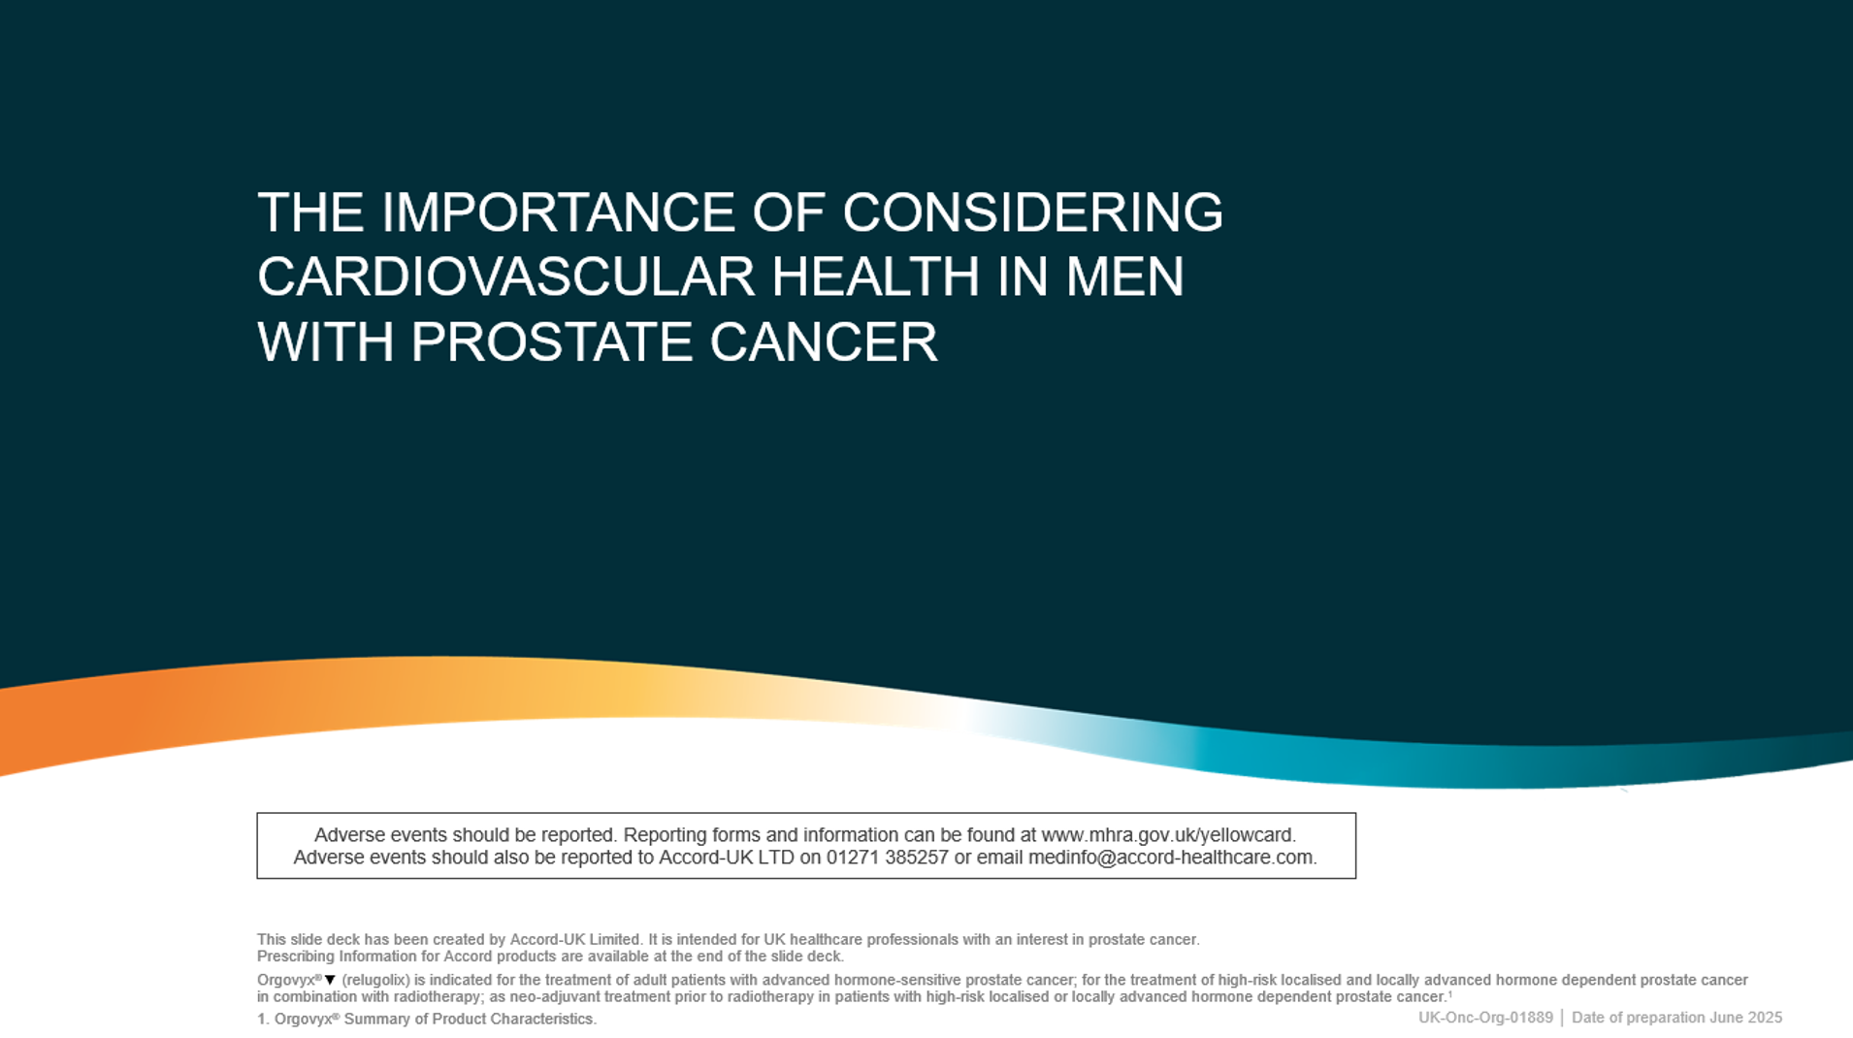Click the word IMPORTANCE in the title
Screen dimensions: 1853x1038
(557, 212)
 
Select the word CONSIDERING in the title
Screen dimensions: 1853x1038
(1032, 212)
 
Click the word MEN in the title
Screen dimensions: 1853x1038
(1125, 276)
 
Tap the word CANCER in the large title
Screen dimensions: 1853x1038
(824, 341)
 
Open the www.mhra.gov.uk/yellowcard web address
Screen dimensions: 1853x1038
(1168, 835)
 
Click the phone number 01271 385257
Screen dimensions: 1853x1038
(887, 858)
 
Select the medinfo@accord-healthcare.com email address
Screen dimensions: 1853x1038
(1172, 858)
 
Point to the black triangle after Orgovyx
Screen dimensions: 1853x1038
(330, 981)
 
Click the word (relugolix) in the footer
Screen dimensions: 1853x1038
(375, 981)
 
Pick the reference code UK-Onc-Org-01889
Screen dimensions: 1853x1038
(1485, 1018)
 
